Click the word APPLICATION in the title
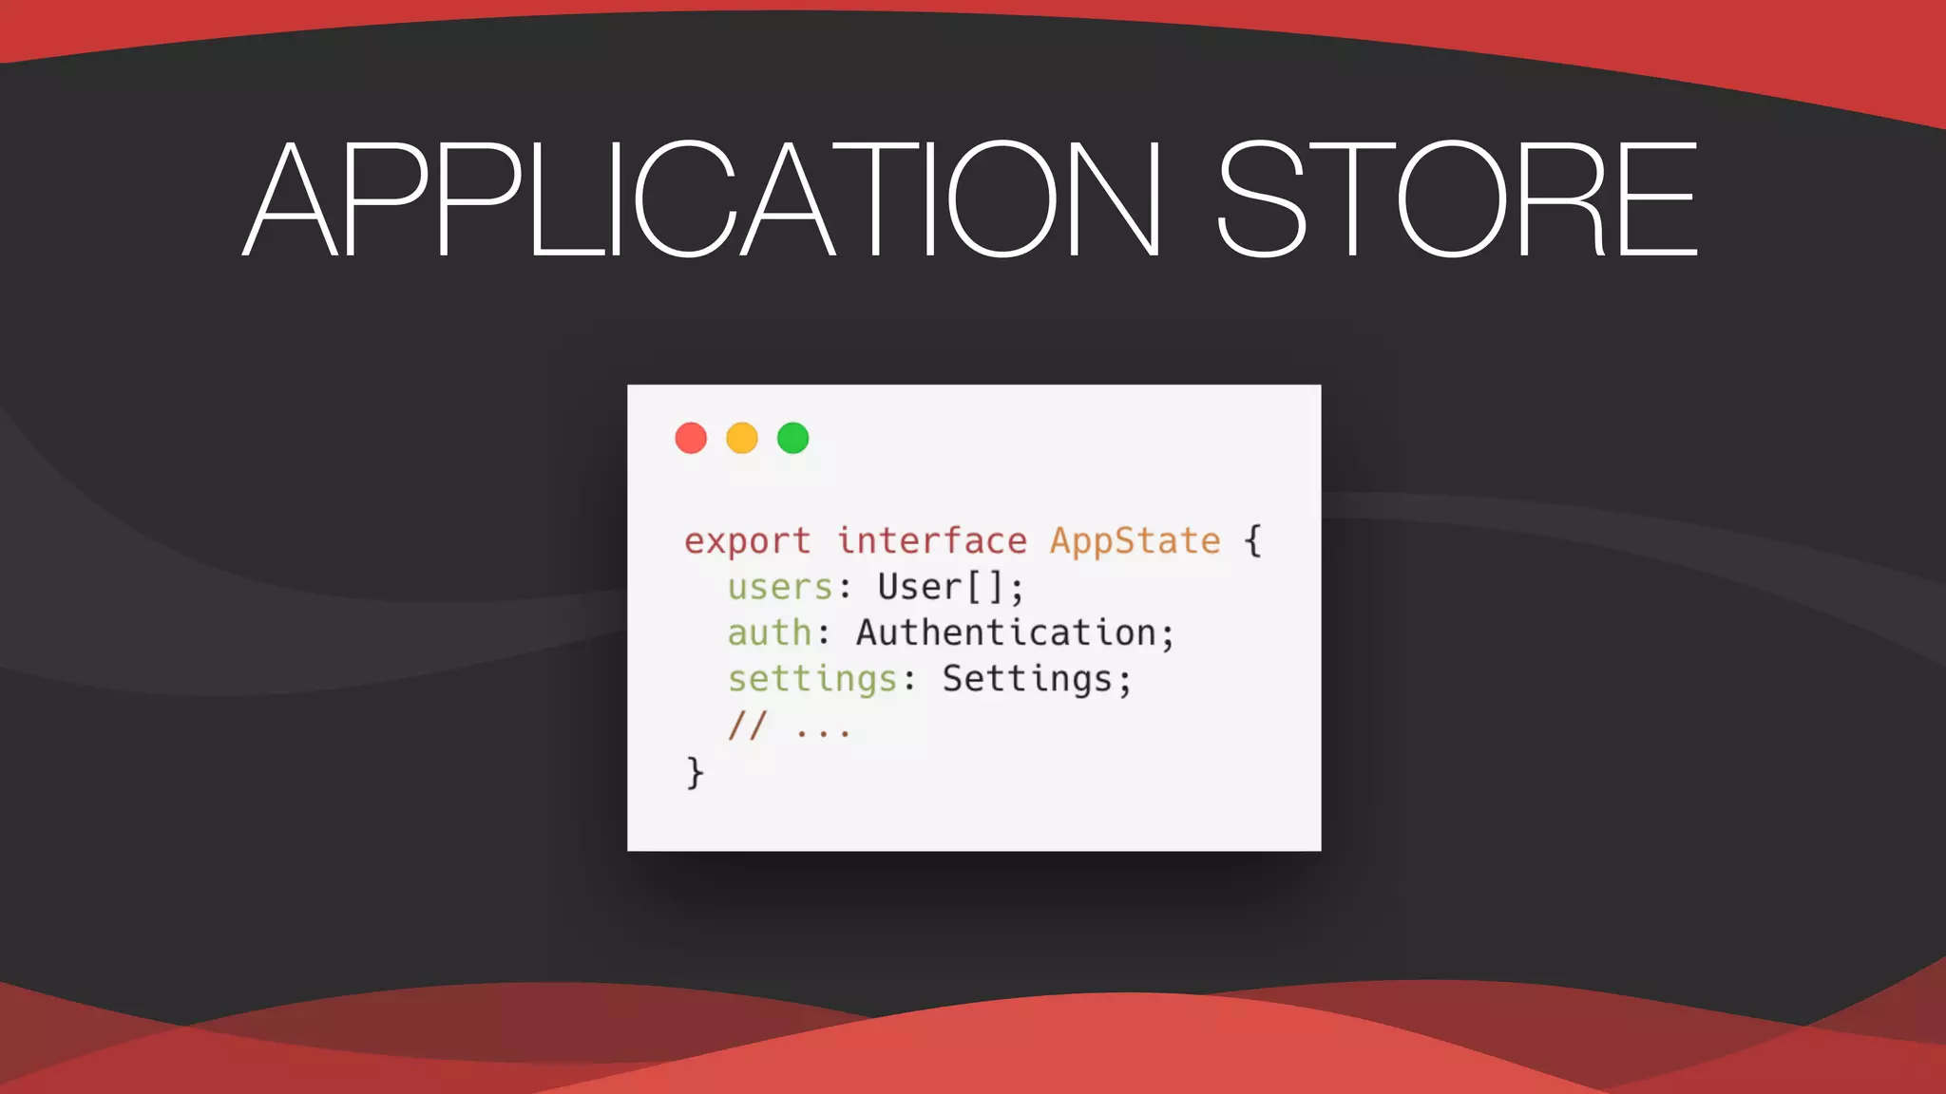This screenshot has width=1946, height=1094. click(x=703, y=199)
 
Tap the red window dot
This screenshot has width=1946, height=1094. click(x=691, y=438)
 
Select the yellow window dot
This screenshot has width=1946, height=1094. click(x=742, y=438)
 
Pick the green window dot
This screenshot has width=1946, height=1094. click(x=792, y=438)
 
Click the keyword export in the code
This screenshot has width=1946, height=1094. click(x=747, y=541)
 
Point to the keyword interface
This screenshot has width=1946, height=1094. click(x=931, y=541)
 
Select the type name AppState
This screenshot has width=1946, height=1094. click(x=1135, y=541)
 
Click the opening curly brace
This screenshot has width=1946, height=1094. click(x=1253, y=541)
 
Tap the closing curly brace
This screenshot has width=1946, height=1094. click(x=695, y=773)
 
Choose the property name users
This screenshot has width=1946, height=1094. click(x=780, y=588)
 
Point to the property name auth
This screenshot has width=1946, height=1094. click(x=770, y=633)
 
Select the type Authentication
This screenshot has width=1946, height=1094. click(x=1005, y=633)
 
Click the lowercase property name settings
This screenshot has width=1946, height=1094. click(x=812, y=680)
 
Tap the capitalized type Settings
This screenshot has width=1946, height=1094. click(x=1026, y=680)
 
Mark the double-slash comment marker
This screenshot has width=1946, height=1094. click(x=747, y=726)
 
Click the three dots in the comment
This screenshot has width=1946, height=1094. click(x=823, y=732)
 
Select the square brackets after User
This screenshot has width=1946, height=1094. click(x=985, y=588)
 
